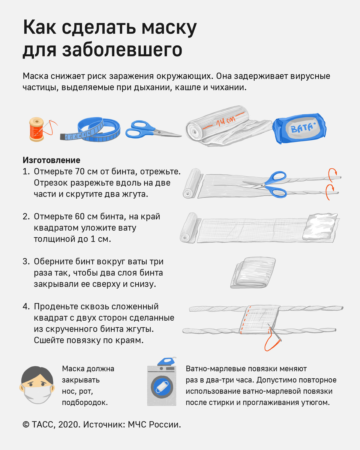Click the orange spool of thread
pos(37,129)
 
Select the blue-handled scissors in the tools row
pos(153,130)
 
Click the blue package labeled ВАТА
pos(299,129)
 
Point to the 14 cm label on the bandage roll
pos(225,121)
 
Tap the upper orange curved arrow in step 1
pos(332,175)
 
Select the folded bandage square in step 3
pos(253,273)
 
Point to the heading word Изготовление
pos(51,160)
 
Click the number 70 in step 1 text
pos(80,171)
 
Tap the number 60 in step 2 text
pos(80,216)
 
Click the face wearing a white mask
pos(37,385)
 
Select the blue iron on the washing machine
pos(167,361)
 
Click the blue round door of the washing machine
pos(162,387)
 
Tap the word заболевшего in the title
pos(122,50)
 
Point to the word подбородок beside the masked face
pos(85,403)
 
